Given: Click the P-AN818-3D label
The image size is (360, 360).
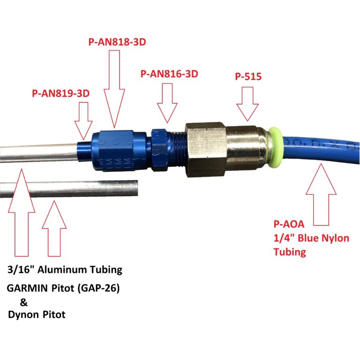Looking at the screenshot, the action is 117,42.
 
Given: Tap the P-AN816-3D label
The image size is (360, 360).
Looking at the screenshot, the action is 169,74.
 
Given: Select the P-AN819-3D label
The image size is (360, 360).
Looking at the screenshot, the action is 60,93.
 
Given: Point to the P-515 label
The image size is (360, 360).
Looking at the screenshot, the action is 248,76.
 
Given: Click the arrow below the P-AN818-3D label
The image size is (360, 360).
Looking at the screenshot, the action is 114,89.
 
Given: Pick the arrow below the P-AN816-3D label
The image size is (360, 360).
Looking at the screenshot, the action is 167,103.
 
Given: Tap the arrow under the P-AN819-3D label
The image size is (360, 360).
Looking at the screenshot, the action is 83,121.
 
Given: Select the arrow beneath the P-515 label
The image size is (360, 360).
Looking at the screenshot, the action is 247,104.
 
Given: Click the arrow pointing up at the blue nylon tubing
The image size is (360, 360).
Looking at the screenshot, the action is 321,194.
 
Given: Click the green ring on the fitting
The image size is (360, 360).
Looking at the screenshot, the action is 274,147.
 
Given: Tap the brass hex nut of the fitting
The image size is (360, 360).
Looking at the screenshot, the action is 205,150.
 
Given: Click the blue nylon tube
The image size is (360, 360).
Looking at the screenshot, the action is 320,149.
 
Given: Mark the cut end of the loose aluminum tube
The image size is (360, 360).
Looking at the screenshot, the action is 136,188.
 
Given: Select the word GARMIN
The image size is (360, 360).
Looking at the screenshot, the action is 27,288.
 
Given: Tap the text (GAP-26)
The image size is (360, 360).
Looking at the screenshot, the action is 98,288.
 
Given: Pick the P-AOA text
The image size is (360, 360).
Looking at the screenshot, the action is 289,224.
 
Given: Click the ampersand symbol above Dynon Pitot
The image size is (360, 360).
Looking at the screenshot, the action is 23,302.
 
